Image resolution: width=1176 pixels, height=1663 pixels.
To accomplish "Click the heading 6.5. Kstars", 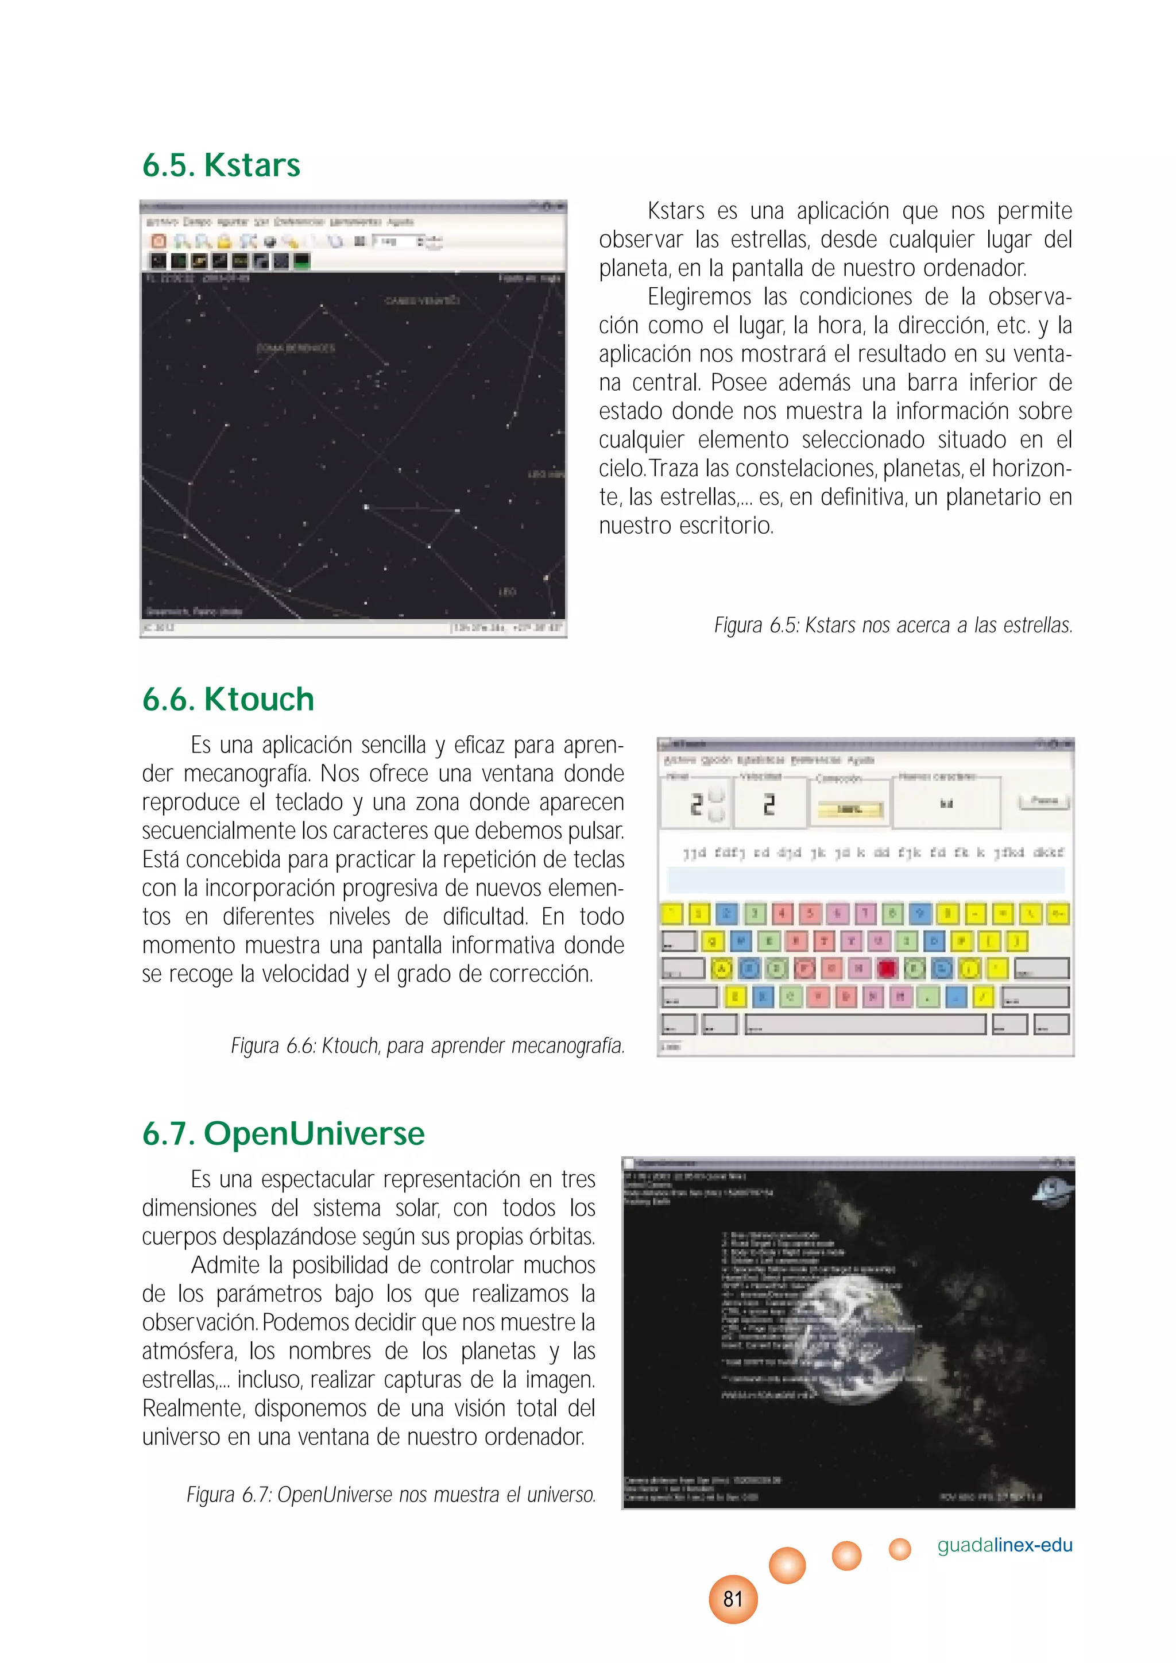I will (221, 165).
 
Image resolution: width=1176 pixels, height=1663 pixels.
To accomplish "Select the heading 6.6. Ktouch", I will (228, 700).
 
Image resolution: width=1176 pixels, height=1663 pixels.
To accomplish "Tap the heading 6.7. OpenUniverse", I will (283, 1133).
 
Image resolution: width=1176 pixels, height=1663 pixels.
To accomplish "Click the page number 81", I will (733, 1599).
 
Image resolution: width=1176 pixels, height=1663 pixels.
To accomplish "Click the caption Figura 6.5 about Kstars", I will (892, 625).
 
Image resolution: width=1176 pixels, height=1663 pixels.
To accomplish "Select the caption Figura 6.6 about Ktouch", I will (427, 1046).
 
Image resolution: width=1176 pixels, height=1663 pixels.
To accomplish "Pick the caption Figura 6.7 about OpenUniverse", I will (391, 1494).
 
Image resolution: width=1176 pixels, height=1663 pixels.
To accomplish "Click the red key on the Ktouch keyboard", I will (887, 969).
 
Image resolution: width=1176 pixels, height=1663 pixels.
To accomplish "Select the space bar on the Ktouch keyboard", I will (865, 1024).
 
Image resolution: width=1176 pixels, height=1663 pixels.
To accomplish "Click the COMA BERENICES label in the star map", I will (296, 348).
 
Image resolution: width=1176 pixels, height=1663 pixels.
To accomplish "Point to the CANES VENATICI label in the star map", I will (421, 300).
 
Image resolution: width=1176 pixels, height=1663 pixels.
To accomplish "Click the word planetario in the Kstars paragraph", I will (993, 497).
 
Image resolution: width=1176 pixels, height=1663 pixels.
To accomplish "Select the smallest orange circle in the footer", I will (899, 1549).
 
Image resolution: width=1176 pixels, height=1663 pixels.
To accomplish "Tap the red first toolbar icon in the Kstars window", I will (158, 241).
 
